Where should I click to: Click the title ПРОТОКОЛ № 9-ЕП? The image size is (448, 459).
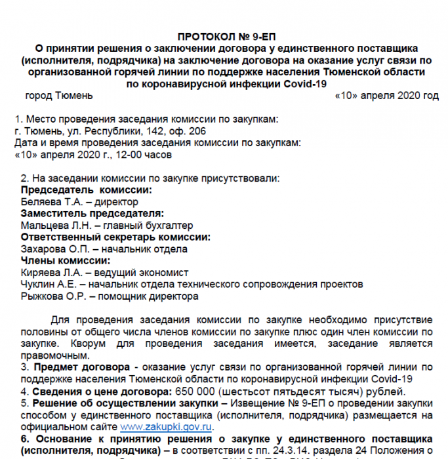pos(232,37)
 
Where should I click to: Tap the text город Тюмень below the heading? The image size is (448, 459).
pos(59,96)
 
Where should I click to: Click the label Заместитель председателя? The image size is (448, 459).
pos(92,213)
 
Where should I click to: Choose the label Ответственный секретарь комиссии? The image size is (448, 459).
pos(115,237)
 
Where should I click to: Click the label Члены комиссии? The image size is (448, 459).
pos(66,260)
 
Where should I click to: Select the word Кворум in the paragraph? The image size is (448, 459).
pos(73,344)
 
